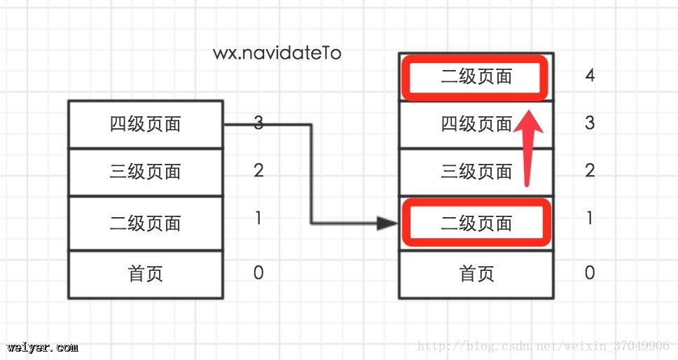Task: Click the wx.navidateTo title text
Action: tap(277, 53)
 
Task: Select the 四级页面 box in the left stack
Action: tap(146, 124)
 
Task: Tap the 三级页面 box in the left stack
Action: tap(146, 172)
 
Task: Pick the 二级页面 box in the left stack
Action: tap(146, 223)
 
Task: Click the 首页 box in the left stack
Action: tap(146, 273)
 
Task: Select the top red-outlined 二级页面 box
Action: tap(476, 76)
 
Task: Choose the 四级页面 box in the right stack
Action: tap(476, 124)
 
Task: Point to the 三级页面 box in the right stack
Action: tap(476, 172)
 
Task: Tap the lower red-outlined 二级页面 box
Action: tap(476, 223)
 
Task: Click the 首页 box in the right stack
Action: tap(476, 273)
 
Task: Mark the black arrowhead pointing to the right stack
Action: tap(387, 223)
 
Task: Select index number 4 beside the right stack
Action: tap(590, 76)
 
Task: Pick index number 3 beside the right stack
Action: tap(590, 123)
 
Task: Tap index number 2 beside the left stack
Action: tap(258, 170)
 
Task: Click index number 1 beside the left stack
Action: tap(258, 219)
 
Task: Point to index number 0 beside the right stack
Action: tap(590, 272)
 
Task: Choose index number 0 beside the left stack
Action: tap(258, 272)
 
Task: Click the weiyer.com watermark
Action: tap(43, 347)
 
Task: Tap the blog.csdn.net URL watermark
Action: tap(543, 346)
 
